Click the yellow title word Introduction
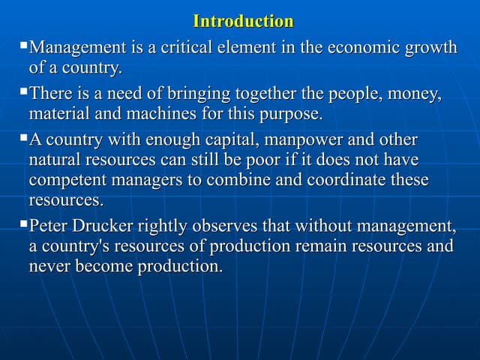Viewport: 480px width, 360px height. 243,21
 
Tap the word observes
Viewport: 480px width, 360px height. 225,226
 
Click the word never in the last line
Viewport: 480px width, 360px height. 49,266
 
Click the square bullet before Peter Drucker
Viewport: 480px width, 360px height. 23,223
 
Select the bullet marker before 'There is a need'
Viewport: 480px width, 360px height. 23,92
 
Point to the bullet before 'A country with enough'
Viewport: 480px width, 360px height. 23,138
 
